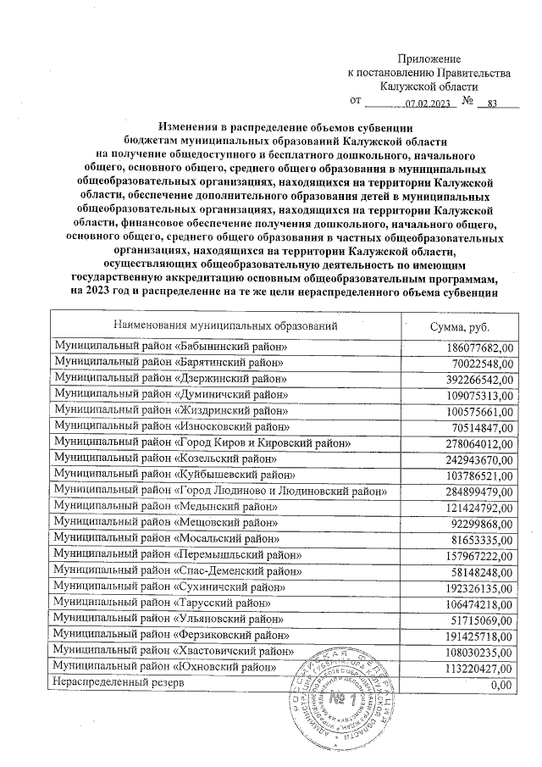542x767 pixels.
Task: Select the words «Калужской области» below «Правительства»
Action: pyautogui.click(x=429, y=86)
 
